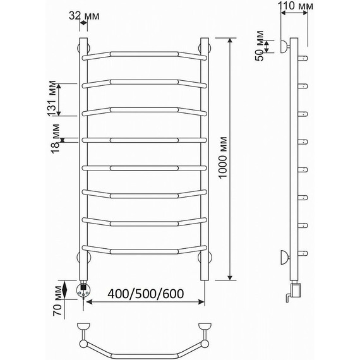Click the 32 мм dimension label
point(84,16)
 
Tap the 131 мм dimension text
point(52,99)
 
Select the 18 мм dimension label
point(55,139)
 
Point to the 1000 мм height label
point(222,157)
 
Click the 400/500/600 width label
point(145,294)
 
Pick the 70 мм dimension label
point(57,301)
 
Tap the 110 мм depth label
point(296,6)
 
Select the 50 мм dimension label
point(260,45)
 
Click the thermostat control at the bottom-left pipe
point(83,291)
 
